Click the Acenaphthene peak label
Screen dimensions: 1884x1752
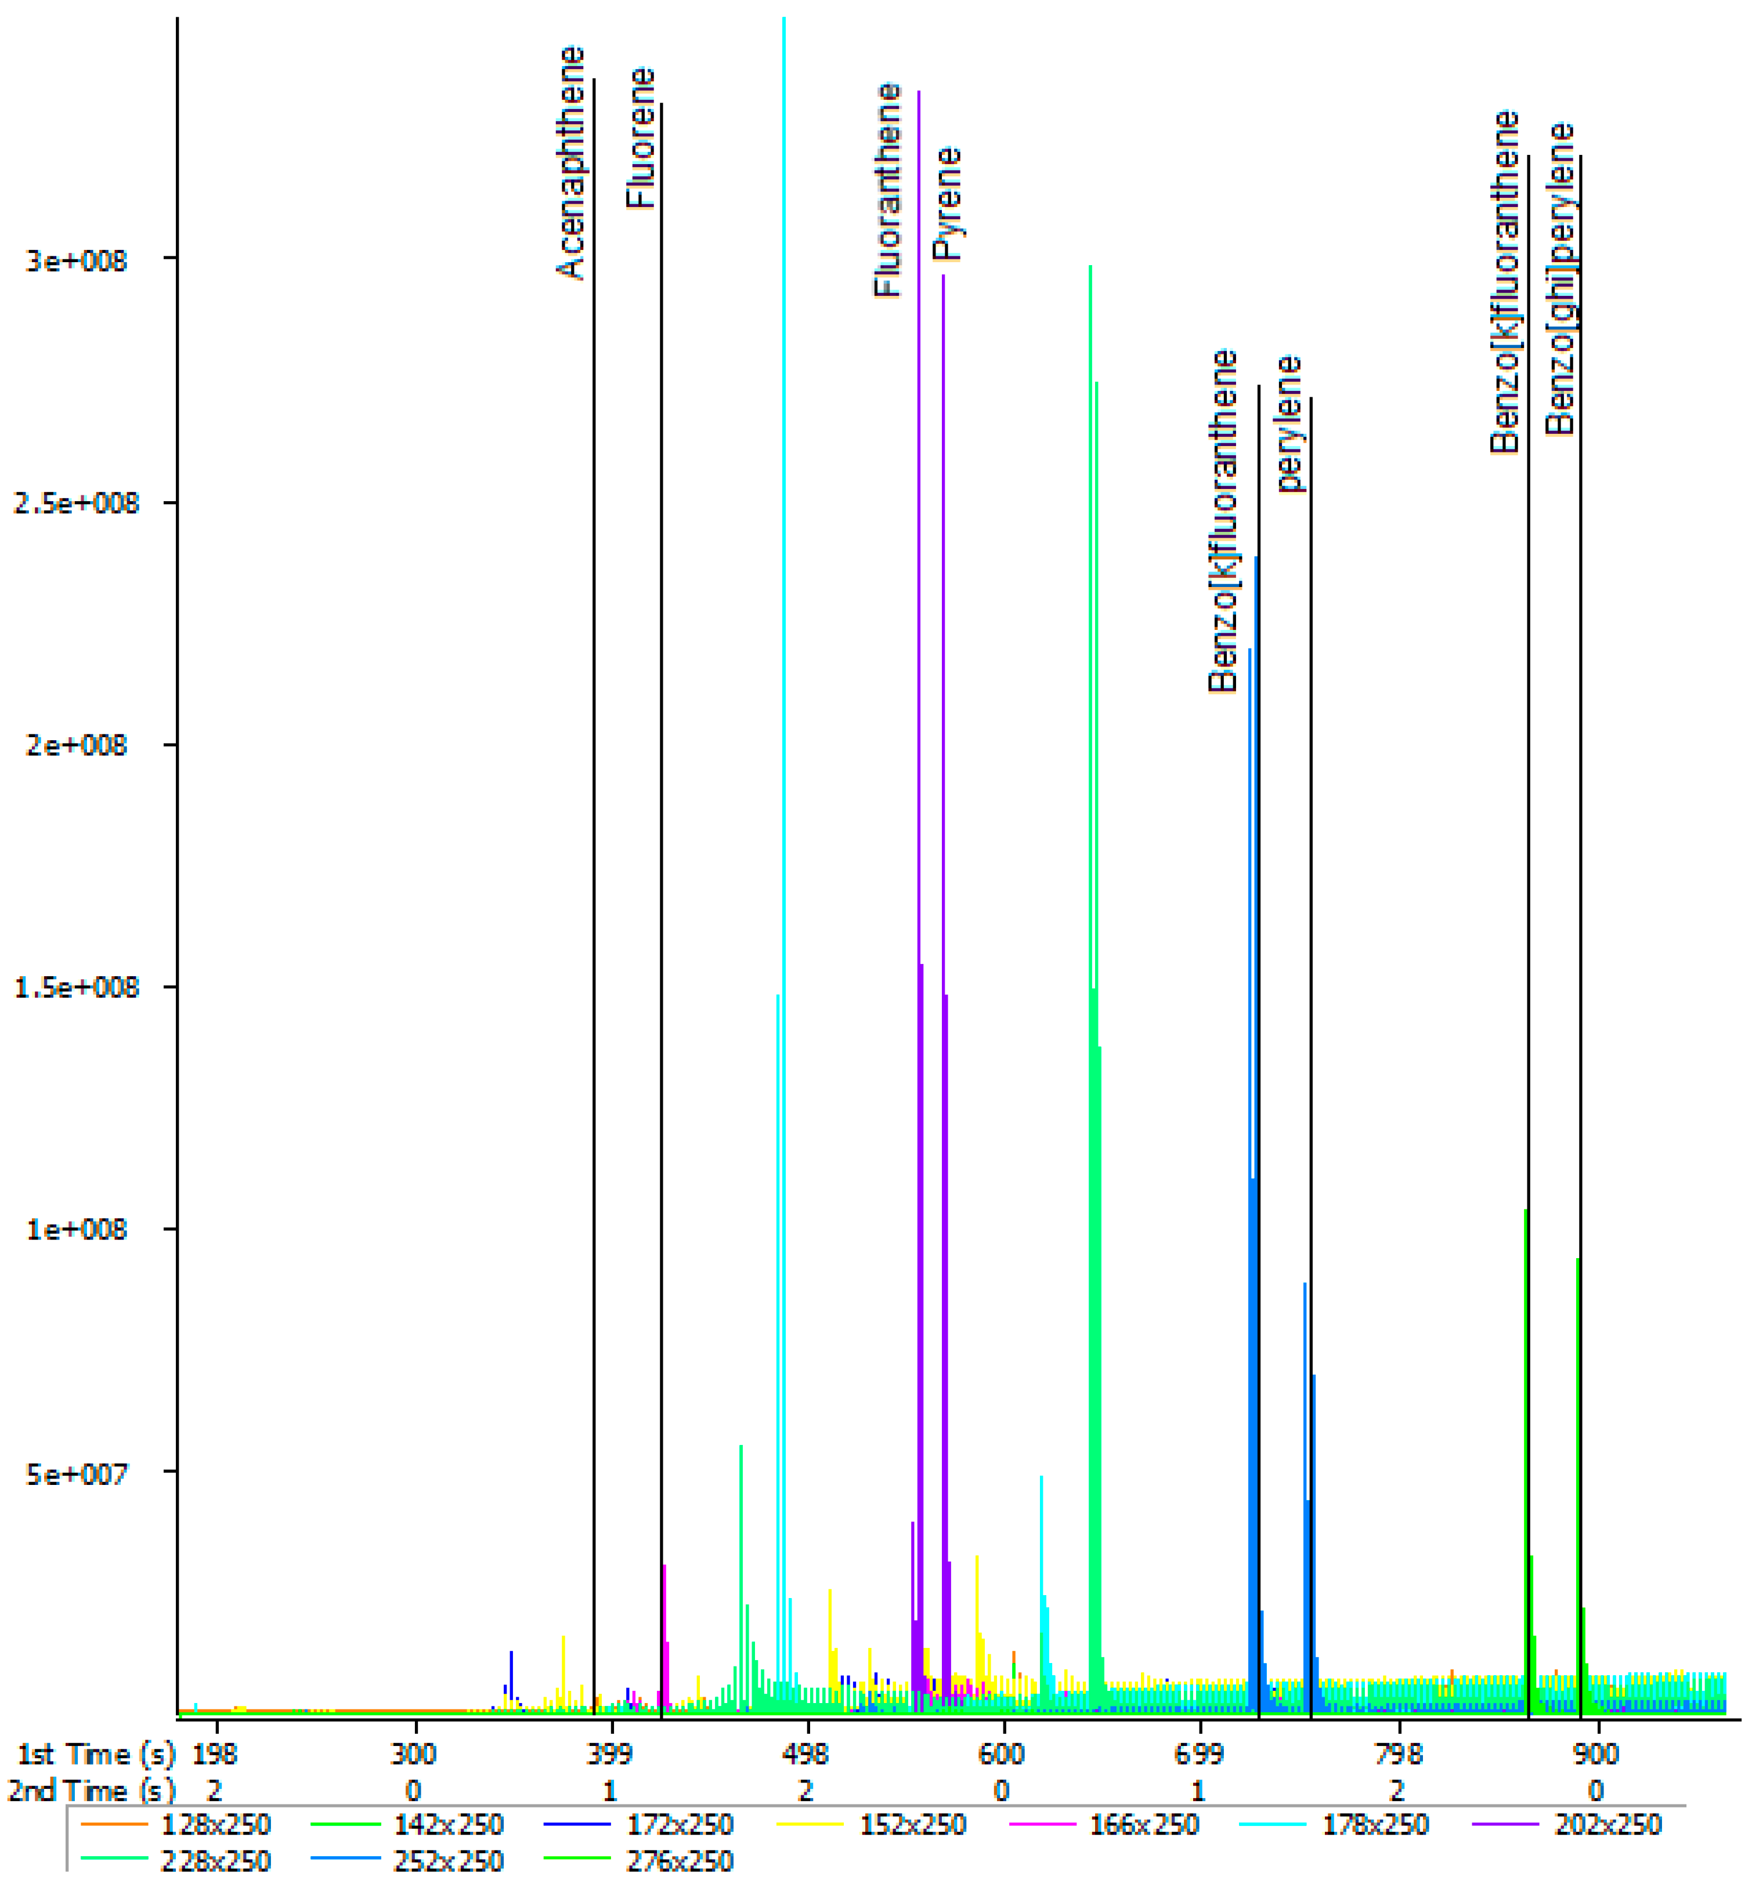pyautogui.click(x=570, y=163)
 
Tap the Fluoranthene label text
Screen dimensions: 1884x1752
pyautogui.click(x=886, y=190)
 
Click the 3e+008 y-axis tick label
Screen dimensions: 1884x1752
pyautogui.click(x=75, y=260)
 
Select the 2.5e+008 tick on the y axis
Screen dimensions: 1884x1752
pyautogui.click(x=75, y=503)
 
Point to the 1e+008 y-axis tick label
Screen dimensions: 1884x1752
pyautogui.click(x=75, y=1230)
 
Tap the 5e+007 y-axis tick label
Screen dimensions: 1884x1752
pyautogui.click(x=75, y=1474)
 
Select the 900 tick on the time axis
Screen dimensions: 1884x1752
pyautogui.click(x=1595, y=1754)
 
